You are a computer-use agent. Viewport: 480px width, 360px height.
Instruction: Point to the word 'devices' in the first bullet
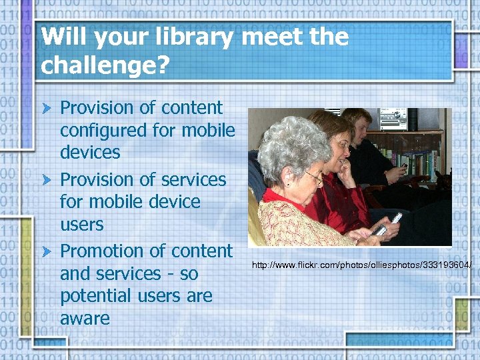[90, 153]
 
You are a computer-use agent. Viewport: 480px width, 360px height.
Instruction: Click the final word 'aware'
[85, 319]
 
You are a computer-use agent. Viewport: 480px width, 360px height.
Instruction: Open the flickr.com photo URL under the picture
[361, 265]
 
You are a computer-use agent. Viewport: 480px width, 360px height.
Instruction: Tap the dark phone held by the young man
[404, 165]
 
